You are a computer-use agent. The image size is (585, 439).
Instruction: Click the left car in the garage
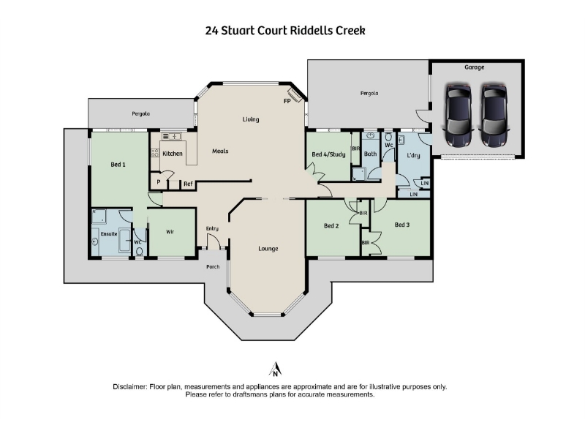click(x=458, y=116)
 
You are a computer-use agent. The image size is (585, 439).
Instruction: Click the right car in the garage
click(x=494, y=116)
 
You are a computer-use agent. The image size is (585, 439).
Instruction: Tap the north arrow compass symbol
click(x=276, y=369)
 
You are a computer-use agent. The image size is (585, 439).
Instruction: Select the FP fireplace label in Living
click(x=287, y=101)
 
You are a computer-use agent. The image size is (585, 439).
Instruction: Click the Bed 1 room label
click(x=118, y=165)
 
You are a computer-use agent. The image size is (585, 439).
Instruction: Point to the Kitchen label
click(x=173, y=154)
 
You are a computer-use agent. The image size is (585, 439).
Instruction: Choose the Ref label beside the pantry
click(x=188, y=184)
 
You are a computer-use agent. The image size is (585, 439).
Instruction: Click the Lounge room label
click(x=268, y=249)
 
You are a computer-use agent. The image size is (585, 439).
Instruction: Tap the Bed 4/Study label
click(x=328, y=154)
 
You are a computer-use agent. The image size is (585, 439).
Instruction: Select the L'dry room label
click(x=413, y=155)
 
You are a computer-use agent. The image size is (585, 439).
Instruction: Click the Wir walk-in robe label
click(x=170, y=232)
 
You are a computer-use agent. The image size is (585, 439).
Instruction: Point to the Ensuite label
click(x=109, y=234)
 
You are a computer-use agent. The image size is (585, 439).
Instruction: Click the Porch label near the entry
click(x=213, y=267)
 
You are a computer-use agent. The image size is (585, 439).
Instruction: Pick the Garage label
click(x=474, y=67)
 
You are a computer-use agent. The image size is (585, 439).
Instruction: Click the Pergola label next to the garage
click(x=369, y=94)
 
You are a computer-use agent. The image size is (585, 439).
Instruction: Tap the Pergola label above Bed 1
click(x=140, y=114)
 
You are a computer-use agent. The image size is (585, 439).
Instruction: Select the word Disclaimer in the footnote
click(x=130, y=387)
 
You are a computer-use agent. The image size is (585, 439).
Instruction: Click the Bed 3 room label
click(x=402, y=225)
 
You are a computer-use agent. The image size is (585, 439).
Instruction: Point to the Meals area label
click(x=220, y=151)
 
